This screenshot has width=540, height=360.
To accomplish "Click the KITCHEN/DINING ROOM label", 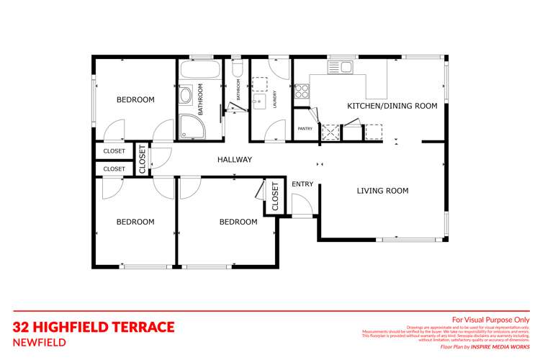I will (x=392, y=106).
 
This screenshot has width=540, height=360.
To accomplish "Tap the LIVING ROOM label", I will (x=382, y=191).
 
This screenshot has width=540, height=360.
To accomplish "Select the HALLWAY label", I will (x=235, y=160).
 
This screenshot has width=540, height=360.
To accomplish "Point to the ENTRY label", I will (x=302, y=184).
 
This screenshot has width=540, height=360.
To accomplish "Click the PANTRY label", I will (x=305, y=129).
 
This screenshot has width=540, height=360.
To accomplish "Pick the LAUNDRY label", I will (x=274, y=97).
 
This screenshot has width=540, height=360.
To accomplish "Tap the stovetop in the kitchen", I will (x=302, y=91).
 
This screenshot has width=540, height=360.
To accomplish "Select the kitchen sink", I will (x=339, y=68).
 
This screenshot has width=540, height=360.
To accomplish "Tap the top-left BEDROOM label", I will (x=135, y=100).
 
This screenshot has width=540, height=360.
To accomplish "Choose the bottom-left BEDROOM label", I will (x=135, y=222).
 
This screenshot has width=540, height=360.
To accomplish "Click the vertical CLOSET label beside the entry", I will (x=275, y=197).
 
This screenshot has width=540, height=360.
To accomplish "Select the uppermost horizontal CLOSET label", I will (x=114, y=151).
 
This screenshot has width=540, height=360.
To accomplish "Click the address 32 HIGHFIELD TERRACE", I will (x=94, y=327).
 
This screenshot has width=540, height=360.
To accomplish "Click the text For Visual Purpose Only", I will (x=490, y=320).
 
